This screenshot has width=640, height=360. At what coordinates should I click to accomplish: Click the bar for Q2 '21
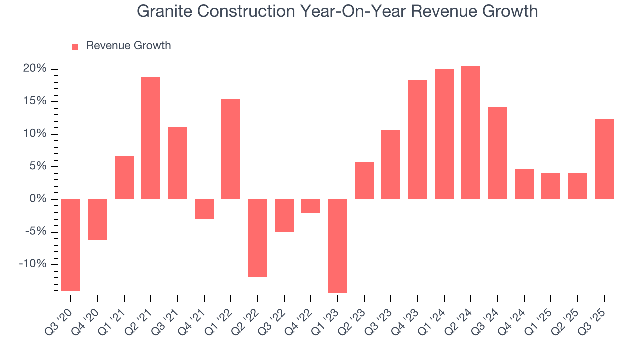(x=151, y=138)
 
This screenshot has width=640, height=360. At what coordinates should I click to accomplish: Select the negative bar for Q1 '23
(x=337, y=246)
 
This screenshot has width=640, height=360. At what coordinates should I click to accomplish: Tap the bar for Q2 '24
(x=471, y=133)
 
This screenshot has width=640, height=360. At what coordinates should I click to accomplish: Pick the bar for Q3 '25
(x=604, y=159)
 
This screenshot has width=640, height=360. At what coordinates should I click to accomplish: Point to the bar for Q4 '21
(x=204, y=209)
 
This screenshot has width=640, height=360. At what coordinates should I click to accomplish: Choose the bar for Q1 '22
(x=231, y=149)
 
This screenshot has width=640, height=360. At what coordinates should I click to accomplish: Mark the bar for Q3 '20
(x=71, y=245)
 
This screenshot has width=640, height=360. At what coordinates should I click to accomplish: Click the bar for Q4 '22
(x=311, y=206)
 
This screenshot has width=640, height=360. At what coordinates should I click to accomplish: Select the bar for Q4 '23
(x=417, y=140)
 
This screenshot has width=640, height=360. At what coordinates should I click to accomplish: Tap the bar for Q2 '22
(x=257, y=238)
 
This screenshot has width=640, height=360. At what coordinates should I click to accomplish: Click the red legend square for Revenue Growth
(x=75, y=46)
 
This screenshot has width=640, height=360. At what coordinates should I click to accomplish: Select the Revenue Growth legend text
(x=128, y=46)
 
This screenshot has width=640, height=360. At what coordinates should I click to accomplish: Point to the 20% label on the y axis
(x=35, y=69)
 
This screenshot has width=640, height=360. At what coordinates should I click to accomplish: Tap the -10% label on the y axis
(x=32, y=264)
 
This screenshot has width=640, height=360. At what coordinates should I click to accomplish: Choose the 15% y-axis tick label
(x=35, y=101)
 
